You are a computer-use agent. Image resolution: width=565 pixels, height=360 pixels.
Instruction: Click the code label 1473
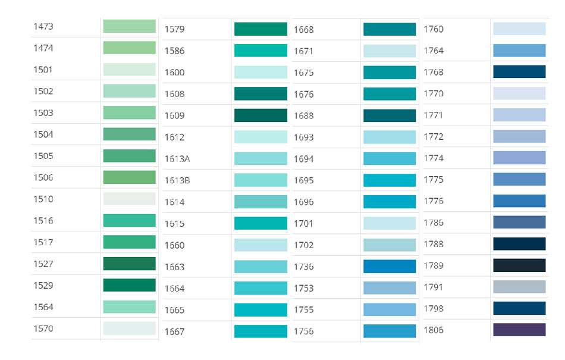tap(43, 27)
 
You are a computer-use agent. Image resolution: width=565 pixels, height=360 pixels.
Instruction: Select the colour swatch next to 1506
tap(129, 177)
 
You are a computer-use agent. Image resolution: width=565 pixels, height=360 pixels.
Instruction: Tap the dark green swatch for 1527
tap(129, 264)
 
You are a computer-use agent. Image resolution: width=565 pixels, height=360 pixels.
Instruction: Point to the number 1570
tap(43, 328)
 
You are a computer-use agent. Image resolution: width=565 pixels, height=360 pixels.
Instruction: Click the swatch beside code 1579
tap(260, 29)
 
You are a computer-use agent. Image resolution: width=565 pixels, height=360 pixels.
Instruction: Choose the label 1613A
tap(177, 159)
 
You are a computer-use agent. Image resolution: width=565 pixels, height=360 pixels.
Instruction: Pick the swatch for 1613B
tap(260, 180)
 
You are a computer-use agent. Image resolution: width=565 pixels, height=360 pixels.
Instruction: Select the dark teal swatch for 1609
tap(260, 115)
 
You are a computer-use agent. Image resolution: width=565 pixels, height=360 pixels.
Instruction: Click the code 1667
tap(175, 332)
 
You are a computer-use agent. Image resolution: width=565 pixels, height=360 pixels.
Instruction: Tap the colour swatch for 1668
tap(390, 29)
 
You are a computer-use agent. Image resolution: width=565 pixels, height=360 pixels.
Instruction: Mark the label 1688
tap(304, 115)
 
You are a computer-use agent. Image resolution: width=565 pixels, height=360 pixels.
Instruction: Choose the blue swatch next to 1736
tap(390, 267)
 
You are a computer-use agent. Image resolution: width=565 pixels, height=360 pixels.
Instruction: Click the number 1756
tap(304, 331)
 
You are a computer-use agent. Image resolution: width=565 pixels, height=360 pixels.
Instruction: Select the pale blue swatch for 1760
tap(519, 29)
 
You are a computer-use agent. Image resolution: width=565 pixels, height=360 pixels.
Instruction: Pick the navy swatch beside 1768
tap(519, 72)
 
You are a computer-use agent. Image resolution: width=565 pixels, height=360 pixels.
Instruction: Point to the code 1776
tap(434, 201)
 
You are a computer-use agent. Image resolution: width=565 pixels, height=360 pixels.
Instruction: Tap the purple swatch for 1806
tap(519, 330)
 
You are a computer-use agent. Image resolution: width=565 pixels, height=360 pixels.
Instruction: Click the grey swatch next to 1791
tap(519, 287)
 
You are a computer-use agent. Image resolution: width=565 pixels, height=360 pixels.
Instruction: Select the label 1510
tap(43, 199)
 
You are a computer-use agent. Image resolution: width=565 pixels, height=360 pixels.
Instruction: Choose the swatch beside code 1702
tap(390, 245)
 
